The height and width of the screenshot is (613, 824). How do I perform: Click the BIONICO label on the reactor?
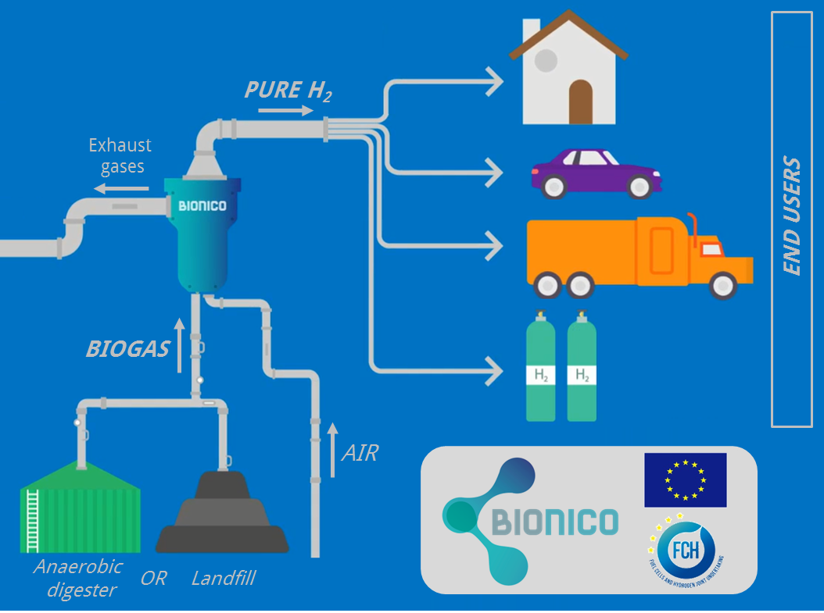(x=202, y=206)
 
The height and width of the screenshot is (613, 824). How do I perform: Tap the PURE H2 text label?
(x=288, y=90)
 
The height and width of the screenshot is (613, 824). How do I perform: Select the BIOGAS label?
(x=127, y=348)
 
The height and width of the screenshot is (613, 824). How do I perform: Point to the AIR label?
(x=360, y=452)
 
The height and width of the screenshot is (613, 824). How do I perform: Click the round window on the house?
(x=545, y=60)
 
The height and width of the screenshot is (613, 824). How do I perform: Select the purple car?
(x=597, y=173)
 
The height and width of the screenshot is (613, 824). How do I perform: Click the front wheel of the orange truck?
(x=723, y=285)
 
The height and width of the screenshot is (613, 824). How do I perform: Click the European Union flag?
(x=685, y=479)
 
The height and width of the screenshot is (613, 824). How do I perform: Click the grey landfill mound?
(x=222, y=515)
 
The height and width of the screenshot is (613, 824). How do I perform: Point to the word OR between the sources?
(x=153, y=579)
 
